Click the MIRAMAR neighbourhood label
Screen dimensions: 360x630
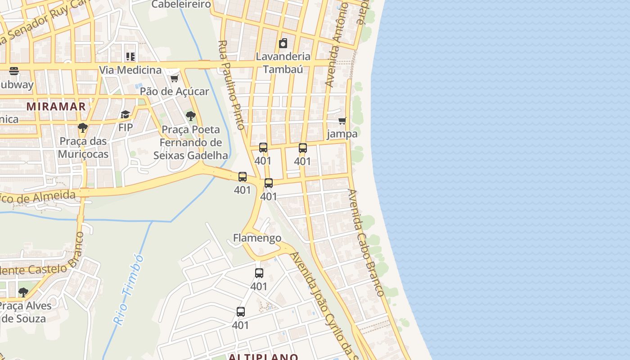pos(56,106)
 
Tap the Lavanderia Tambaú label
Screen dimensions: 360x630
pos(283,63)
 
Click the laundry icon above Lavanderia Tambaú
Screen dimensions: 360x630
pos(283,43)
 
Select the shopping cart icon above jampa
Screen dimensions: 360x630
pos(342,121)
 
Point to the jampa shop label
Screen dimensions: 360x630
pos(342,134)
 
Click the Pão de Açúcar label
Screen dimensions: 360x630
pos(174,91)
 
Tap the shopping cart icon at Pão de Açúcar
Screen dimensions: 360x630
pos(174,78)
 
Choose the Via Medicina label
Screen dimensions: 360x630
pos(130,70)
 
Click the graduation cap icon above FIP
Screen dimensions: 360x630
pos(125,115)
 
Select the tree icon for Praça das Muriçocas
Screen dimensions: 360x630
pos(82,128)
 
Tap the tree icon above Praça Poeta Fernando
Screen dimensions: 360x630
pos(191,116)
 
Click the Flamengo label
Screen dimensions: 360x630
pos(257,238)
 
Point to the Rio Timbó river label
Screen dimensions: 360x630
pos(129,289)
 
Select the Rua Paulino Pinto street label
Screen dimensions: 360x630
pos(232,85)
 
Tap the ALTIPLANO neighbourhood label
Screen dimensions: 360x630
pos(263,357)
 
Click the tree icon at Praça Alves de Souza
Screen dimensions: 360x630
pos(23,292)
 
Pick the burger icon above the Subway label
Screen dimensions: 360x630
pos(14,71)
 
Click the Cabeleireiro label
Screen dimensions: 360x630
pos(181,4)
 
